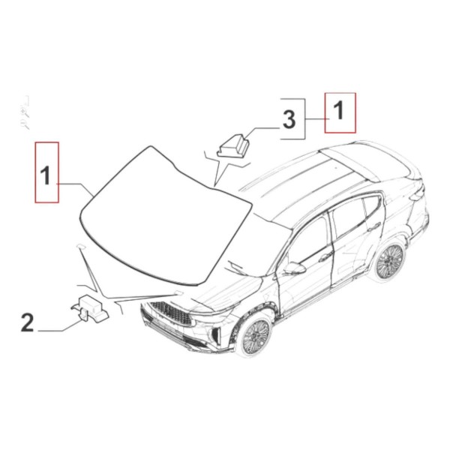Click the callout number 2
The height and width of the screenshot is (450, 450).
click(x=28, y=322)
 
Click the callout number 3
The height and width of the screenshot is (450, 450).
click(x=289, y=120)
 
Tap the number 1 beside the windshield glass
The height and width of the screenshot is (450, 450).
click(x=46, y=176)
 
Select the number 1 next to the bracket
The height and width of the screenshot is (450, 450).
click(x=339, y=110)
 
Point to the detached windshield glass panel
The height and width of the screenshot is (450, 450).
click(x=165, y=218)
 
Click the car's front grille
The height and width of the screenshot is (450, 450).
click(x=171, y=313)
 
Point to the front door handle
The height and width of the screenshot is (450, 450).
click(x=325, y=256)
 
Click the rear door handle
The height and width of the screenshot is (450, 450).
click(x=373, y=226)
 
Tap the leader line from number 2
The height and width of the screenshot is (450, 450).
click(x=60, y=327)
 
